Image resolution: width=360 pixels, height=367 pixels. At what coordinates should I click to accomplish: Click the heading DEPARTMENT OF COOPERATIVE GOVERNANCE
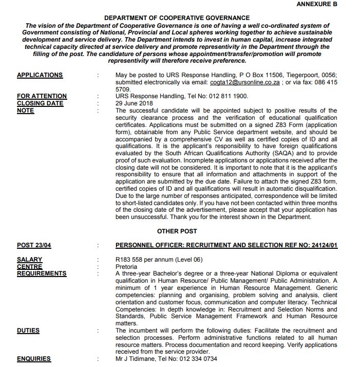177,18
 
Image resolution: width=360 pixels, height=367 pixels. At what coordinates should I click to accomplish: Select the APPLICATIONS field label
40,75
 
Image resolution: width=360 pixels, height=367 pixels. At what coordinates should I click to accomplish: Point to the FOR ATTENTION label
42,96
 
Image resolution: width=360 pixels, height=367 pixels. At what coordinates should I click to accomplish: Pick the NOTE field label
25,111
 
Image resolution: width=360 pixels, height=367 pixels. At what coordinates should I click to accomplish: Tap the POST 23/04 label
34,246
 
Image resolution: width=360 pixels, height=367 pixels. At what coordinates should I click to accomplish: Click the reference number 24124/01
318,246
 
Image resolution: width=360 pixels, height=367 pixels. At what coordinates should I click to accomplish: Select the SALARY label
29,260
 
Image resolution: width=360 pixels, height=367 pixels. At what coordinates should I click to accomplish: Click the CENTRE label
29,267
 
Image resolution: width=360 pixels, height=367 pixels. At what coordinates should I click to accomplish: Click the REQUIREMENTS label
42,274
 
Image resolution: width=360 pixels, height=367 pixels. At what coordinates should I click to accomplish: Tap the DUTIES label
28,331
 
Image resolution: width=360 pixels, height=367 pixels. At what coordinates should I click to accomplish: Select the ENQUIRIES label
34,359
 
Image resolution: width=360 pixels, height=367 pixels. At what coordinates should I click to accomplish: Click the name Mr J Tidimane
137,359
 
